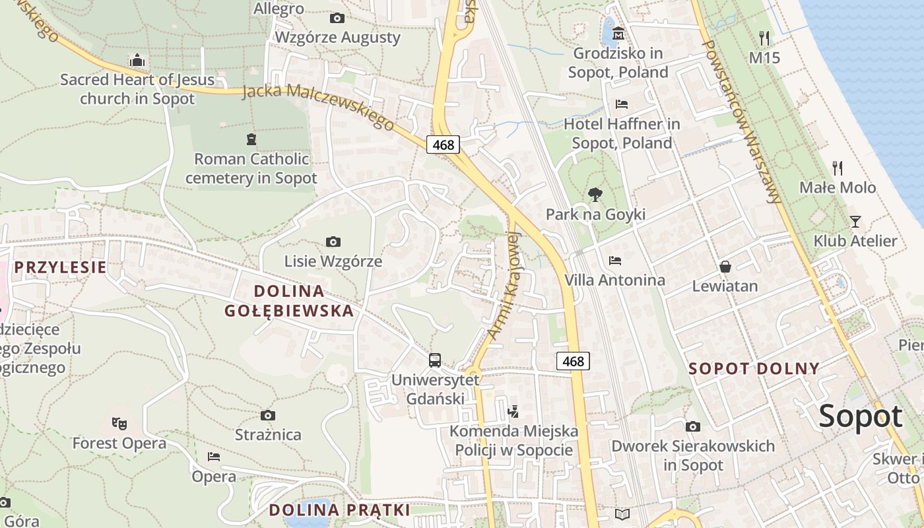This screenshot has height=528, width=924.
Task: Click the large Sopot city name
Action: pos(860,416)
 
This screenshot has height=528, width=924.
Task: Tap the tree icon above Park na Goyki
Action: pos(595,195)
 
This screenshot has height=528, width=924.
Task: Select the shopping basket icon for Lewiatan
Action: pos(725,267)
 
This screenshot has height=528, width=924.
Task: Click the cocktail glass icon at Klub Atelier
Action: pos(855,221)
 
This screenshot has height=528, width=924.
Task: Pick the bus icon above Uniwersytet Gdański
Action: pos(434,360)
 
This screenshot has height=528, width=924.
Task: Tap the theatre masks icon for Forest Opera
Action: pos(119,423)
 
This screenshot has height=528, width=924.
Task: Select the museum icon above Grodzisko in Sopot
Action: pos(618,34)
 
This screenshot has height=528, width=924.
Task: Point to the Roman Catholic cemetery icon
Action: pos(251,139)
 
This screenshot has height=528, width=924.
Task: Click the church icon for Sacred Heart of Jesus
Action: pos(137,61)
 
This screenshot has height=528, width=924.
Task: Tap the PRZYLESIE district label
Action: pos(60,267)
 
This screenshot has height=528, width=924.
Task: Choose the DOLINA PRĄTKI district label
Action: pos(339,510)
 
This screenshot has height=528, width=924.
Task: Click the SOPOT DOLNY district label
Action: pos(754,369)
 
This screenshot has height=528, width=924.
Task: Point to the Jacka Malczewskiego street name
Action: pos(318,107)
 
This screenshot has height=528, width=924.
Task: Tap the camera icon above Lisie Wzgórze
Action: pos(333,242)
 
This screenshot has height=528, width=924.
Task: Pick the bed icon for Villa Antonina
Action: pos(615,261)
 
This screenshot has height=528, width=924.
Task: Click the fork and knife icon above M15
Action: pos(764,38)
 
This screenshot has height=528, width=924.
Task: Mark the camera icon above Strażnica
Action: pos(267,415)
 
